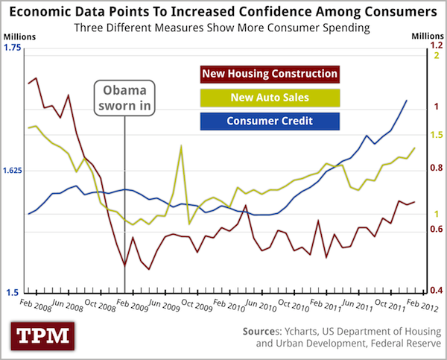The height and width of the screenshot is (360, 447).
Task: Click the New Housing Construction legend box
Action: pyautogui.click(x=269, y=75)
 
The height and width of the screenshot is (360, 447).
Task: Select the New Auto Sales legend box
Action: pyautogui.click(x=269, y=98)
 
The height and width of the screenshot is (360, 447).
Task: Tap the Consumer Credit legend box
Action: pyautogui.click(x=269, y=121)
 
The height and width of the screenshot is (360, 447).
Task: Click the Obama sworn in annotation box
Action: pyautogui.click(x=126, y=98)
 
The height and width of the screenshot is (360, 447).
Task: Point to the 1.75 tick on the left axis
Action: pyautogui.click(x=13, y=48)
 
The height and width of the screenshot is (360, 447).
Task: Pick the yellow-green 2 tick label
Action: pyautogui.click(x=437, y=57)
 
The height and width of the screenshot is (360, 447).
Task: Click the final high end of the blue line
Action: pyautogui.click(x=406, y=100)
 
